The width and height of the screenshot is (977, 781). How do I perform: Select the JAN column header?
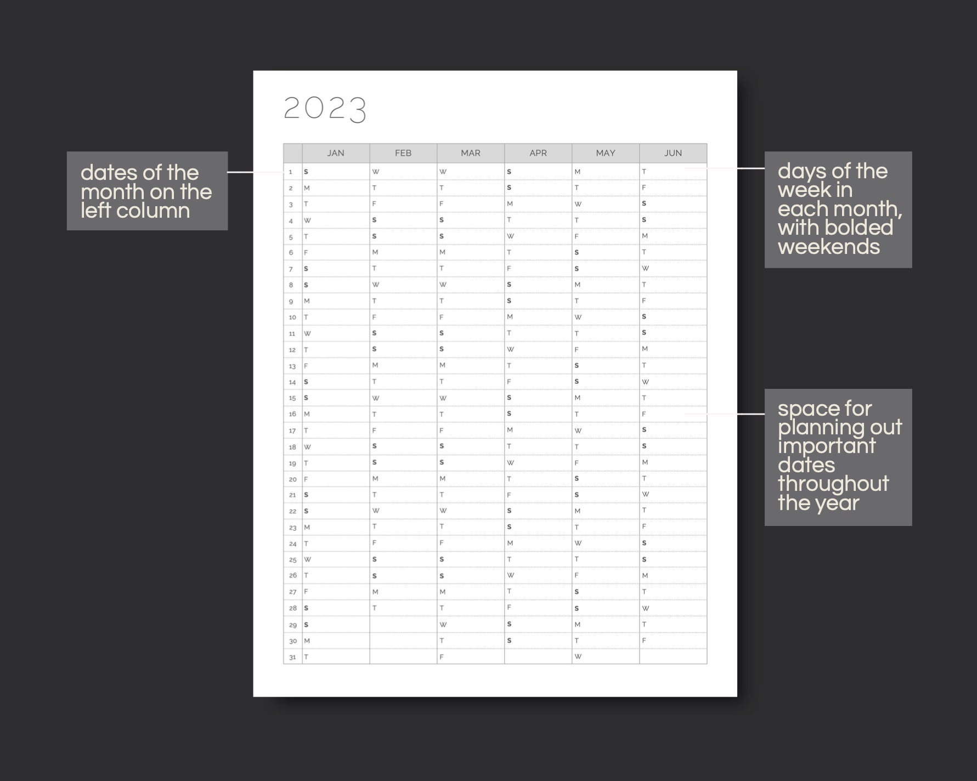pos(336,153)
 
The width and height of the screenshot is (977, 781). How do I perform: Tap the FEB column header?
pos(403,153)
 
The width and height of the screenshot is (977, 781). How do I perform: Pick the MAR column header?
pos(471,153)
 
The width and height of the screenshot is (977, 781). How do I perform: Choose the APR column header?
pos(538,153)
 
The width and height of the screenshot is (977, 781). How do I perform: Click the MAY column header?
pos(606,153)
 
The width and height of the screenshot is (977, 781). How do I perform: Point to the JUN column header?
pos(673,153)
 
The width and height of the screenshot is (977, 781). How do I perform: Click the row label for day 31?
pos(292,657)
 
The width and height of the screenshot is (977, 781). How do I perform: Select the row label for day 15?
pos(292,398)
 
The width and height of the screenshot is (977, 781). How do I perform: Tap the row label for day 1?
pos(291,172)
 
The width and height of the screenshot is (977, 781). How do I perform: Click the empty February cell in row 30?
pos(403,641)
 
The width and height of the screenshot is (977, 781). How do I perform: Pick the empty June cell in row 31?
pos(673,657)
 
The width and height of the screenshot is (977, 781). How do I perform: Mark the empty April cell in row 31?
pos(538,657)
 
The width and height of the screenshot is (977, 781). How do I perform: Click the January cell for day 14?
pos(336,382)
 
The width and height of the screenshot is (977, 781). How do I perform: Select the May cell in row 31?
pos(606,657)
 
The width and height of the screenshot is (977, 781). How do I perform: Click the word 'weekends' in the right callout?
pos(828,247)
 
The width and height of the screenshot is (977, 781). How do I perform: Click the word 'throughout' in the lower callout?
pos(833,484)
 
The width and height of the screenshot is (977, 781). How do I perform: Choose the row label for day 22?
pos(292,511)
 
